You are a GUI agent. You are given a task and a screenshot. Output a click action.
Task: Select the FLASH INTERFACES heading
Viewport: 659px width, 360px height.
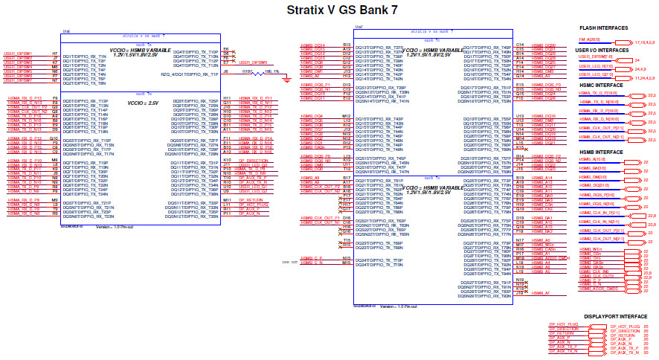[x=602, y=28]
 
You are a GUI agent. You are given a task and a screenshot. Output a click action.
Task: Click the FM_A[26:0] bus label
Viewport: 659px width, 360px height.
[x=589, y=38]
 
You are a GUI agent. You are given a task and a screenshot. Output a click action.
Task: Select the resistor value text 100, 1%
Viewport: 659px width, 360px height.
[x=271, y=71]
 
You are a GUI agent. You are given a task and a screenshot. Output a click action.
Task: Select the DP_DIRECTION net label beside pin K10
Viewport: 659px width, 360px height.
[x=254, y=160]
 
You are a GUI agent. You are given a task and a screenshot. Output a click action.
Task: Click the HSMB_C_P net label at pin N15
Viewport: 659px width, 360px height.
[x=312, y=257]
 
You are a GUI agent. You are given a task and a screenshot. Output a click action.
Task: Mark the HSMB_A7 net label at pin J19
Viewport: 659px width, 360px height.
[x=542, y=294]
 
